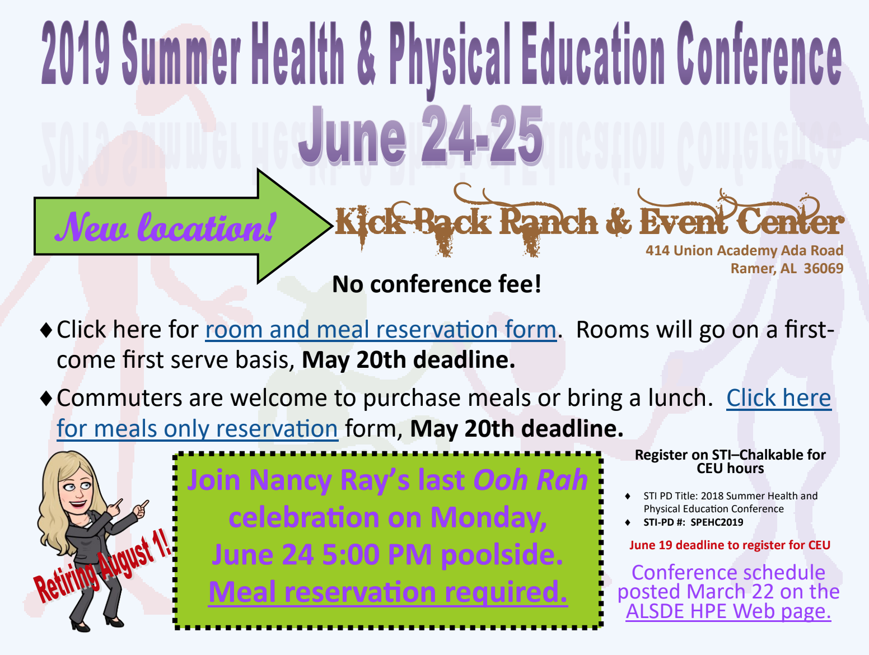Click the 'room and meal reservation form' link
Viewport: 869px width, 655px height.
pyautogui.click(x=381, y=330)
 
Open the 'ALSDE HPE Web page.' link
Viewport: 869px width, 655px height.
pyautogui.click(x=728, y=611)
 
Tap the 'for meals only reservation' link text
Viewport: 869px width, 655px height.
pyautogui.click(x=198, y=429)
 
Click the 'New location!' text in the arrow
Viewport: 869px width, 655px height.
pyautogui.click(x=166, y=227)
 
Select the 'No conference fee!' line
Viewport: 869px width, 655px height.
pyautogui.click(x=437, y=284)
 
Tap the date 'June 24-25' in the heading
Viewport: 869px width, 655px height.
pyautogui.click(x=421, y=135)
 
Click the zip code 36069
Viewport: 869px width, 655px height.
pyautogui.click(x=824, y=269)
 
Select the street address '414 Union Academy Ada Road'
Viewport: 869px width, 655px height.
pyautogui.click(x=744, y=250)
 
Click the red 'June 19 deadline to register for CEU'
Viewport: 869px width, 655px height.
pyautogui.click(x=730, y=545)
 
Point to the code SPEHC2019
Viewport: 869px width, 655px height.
pyautogui.click(x=717, y=522)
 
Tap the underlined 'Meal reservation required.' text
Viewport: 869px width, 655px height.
pyautogui.click(x=388, y=592)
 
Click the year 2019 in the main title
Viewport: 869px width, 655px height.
pyautogui.click(x=75, y=53)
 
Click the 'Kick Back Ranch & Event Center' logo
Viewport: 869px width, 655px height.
pyautogui.click(x=590, y=220)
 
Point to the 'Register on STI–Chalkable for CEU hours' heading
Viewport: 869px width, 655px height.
pyautogui.click(x=730, y=461)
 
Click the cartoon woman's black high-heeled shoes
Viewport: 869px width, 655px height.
pyautogui.click(x=97, y=623)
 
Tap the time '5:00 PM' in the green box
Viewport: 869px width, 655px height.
pyautogui.click(x=377, y=555)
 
